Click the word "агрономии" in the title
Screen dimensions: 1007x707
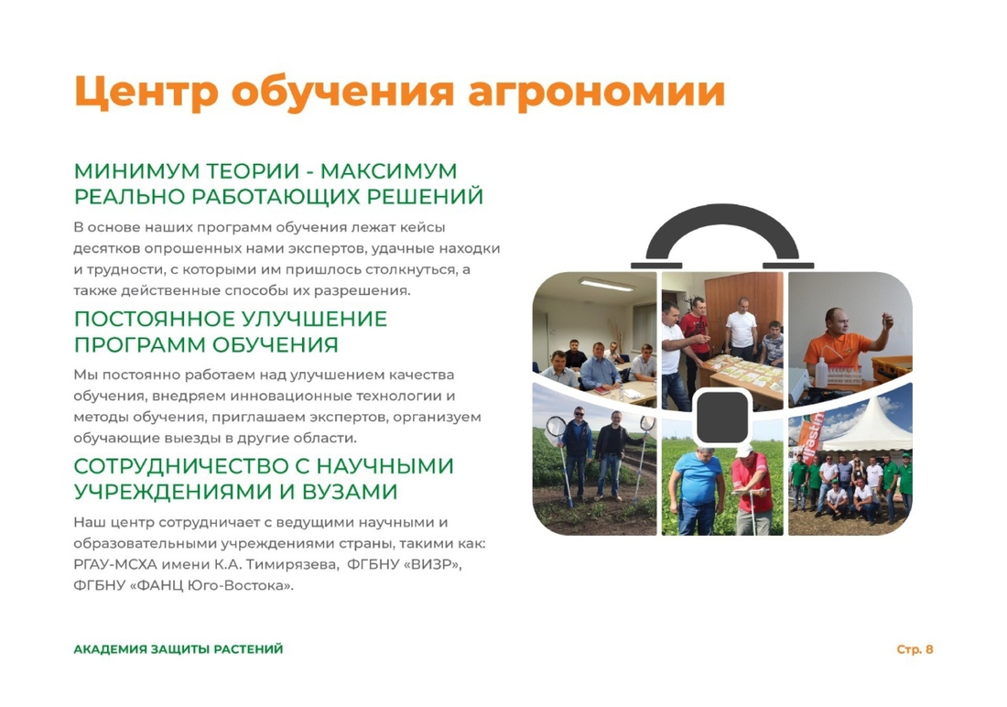click(597, 92)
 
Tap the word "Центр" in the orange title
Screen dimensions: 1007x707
click(146, 92)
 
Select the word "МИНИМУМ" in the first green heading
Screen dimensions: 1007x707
click(137, 171)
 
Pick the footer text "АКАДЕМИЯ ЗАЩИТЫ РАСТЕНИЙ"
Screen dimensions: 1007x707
click(179, 649)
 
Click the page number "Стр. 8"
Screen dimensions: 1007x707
click(915, 649)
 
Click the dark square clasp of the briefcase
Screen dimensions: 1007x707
click(722, 417)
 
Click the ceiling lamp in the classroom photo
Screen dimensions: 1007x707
click(606, 284)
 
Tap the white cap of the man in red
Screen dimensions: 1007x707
click(742, 450)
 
